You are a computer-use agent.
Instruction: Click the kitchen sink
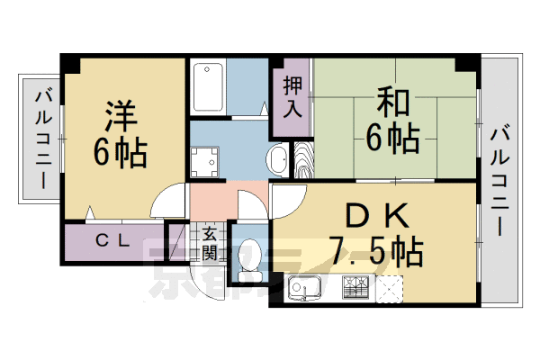coord(310,290)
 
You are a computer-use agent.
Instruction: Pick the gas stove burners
coord(355,289)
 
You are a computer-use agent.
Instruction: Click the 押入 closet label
coord(292,98)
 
